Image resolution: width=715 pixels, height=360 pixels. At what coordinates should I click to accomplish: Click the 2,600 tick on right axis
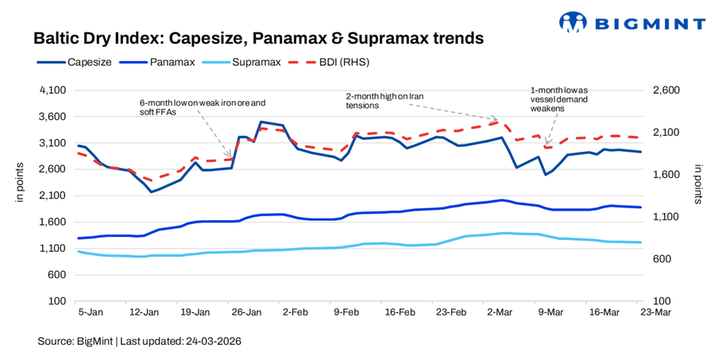point(667,91)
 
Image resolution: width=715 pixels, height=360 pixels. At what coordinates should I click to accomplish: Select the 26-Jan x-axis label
point(245,312)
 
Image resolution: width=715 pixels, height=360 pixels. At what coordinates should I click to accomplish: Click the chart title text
point(258,37)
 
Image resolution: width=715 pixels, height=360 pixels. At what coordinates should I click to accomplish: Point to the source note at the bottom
point(139,341)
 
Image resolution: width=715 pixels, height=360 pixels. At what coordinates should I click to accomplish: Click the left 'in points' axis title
point(20,180)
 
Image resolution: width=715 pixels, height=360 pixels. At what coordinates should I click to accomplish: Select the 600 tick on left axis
point(55,275)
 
